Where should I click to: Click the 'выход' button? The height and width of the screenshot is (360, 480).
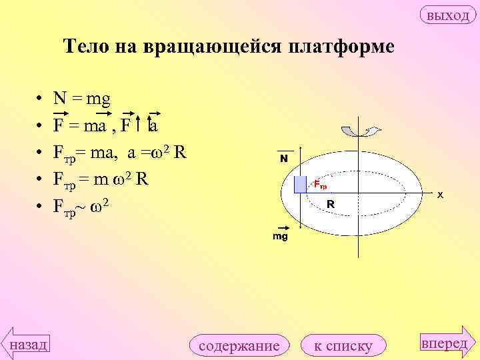[x=447, y=15]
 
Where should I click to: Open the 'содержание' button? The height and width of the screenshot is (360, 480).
[x=239, y=345]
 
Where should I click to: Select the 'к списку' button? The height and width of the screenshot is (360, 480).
[x=343, y=345]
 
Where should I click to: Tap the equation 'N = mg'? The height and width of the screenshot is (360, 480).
[x=82, y=99]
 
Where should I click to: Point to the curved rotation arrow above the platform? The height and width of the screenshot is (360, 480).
[x=360, y=131]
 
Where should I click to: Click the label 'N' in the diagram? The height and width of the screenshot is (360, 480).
[x=284, y=159]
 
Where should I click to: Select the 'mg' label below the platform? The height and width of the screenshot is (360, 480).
[x=280, y=237]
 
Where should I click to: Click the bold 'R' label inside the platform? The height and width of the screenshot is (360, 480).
[x=331, y=205]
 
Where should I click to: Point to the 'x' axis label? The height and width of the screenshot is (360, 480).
[x=441, y=195]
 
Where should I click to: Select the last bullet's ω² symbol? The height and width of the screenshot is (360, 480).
[x=99, y=206]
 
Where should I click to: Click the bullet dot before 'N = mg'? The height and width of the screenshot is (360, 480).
[x=41, y=100]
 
